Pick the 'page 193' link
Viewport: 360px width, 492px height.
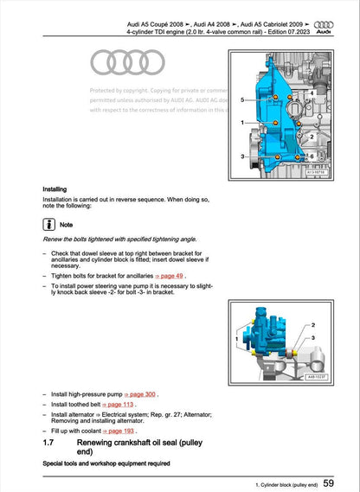coord(119,431)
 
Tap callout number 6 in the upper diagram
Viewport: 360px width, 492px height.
coord(311,156)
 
